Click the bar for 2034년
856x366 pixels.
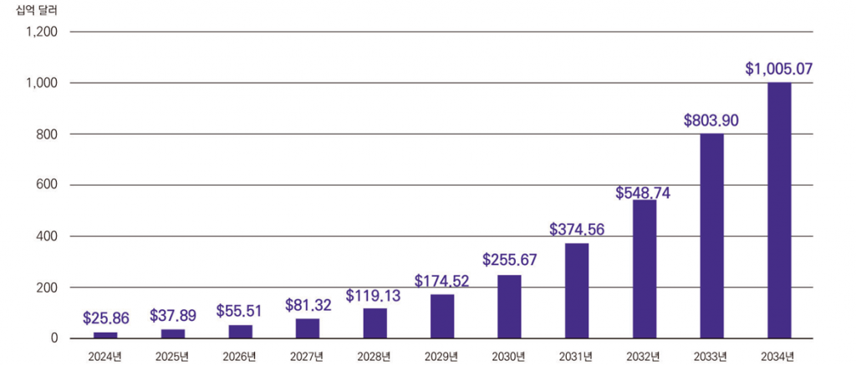pyautogui.click(x=779, y=211)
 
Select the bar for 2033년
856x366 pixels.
pyautogui.click(x=711, y=236)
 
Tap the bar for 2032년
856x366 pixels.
pyautogui.click(x=645, y=269)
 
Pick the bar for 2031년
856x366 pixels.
pyautogui.click(x=577, y=291)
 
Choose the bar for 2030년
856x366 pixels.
pyautogui.click(x=509, y=306)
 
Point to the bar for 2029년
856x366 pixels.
pyautogui.click(x=442, y=316)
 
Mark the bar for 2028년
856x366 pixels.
pyautogui.click(x=374, y=323)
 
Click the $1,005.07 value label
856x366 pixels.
pyautogui.click(x=779, y=69)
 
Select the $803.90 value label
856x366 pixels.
pyautogui.click(x=711, y=120)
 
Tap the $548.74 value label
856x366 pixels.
pyautogui.click(x=643, y=193)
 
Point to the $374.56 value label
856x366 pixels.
pyautogui.click(x=577, y=229)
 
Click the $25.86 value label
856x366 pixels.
pyautogui.click(x=105, y=318)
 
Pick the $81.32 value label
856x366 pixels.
pyautogui.click(x=307, y=304)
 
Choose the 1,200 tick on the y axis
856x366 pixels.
pyautogui.click(x=41, y=32)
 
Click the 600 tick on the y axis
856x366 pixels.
pyautogui.click(x=46, y=186)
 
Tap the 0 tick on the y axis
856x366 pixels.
pyautogui.click(x=53, y=338)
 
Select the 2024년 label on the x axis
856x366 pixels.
pyautogui.click(x=105, y=357)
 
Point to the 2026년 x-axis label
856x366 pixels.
pyautogui.click(x=240, y=357)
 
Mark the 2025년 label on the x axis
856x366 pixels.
pyautogui.click(x=172, y=357)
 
